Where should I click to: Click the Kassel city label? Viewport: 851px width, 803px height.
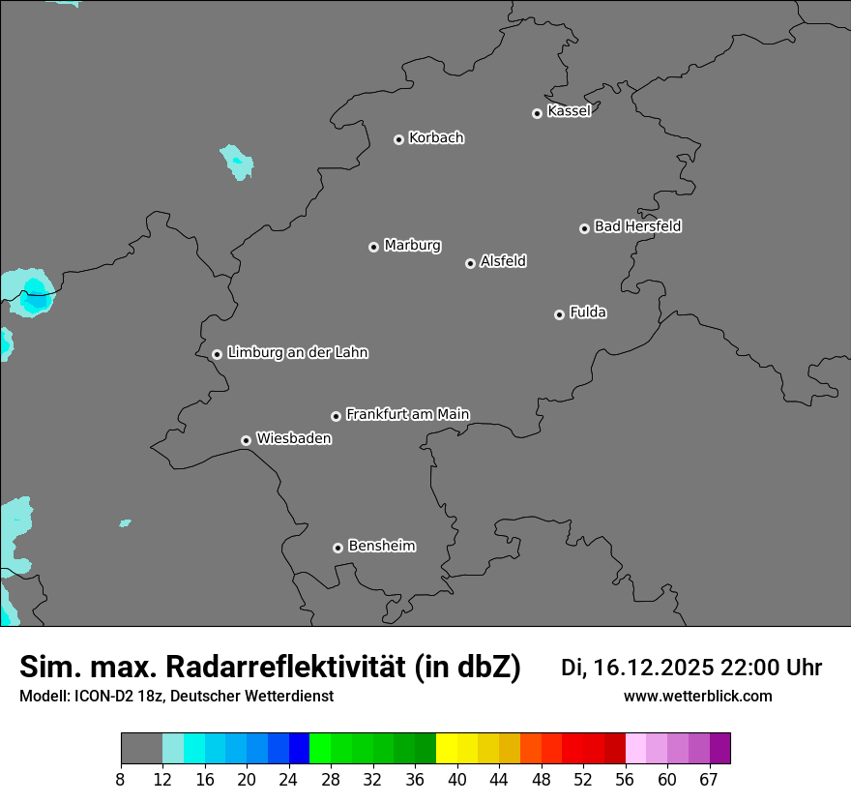(x=569, y=111)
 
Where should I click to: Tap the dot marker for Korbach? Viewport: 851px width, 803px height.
(x=398, y=139)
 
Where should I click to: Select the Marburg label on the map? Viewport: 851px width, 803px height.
(x=412, y=246)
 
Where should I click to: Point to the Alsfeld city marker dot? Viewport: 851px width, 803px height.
(x=470, y=263)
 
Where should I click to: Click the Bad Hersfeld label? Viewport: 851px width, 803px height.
(x=637, y=226)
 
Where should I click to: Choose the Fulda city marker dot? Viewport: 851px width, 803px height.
(x=559, y=314)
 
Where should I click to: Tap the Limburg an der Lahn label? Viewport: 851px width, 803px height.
(x=297, y=353)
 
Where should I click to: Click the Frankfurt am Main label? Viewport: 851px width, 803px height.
(x=407, y=414)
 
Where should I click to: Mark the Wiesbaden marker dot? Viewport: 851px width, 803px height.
(x=246, y=440)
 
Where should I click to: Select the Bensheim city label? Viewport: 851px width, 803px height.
(x=381, y=546)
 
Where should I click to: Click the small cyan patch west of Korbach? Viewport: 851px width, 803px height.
(x=237, y=162)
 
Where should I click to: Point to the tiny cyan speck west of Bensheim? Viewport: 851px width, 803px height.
(x=125, y=523)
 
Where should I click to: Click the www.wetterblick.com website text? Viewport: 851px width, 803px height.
(x=697, y=697)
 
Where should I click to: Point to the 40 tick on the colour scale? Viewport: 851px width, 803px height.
(x=457, y=780)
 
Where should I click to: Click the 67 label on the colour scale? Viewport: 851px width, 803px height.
(x=709, y=780)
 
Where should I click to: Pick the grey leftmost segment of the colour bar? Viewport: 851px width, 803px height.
(x=141, y=748)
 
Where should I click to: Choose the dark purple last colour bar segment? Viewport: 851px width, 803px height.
(x=720, y=748)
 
